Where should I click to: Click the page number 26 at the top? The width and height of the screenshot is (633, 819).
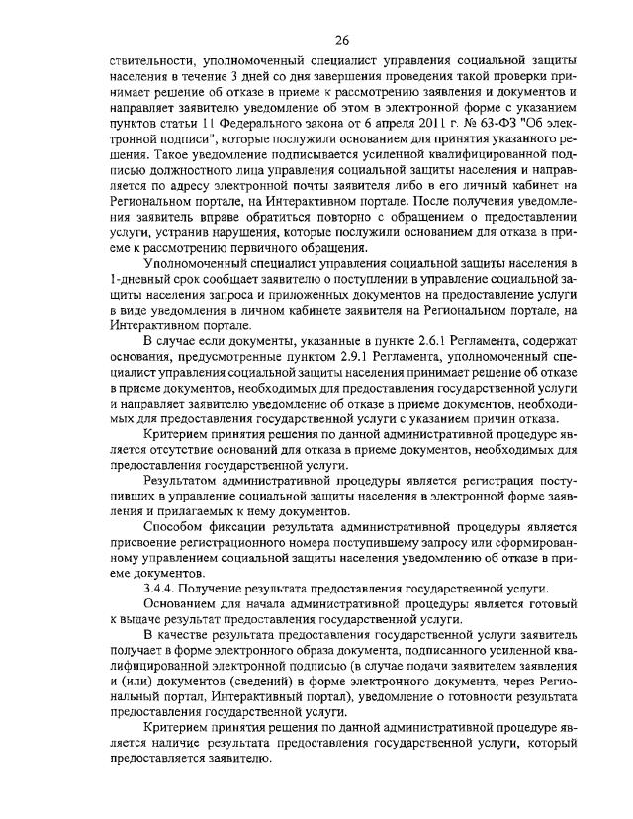(342, 40)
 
